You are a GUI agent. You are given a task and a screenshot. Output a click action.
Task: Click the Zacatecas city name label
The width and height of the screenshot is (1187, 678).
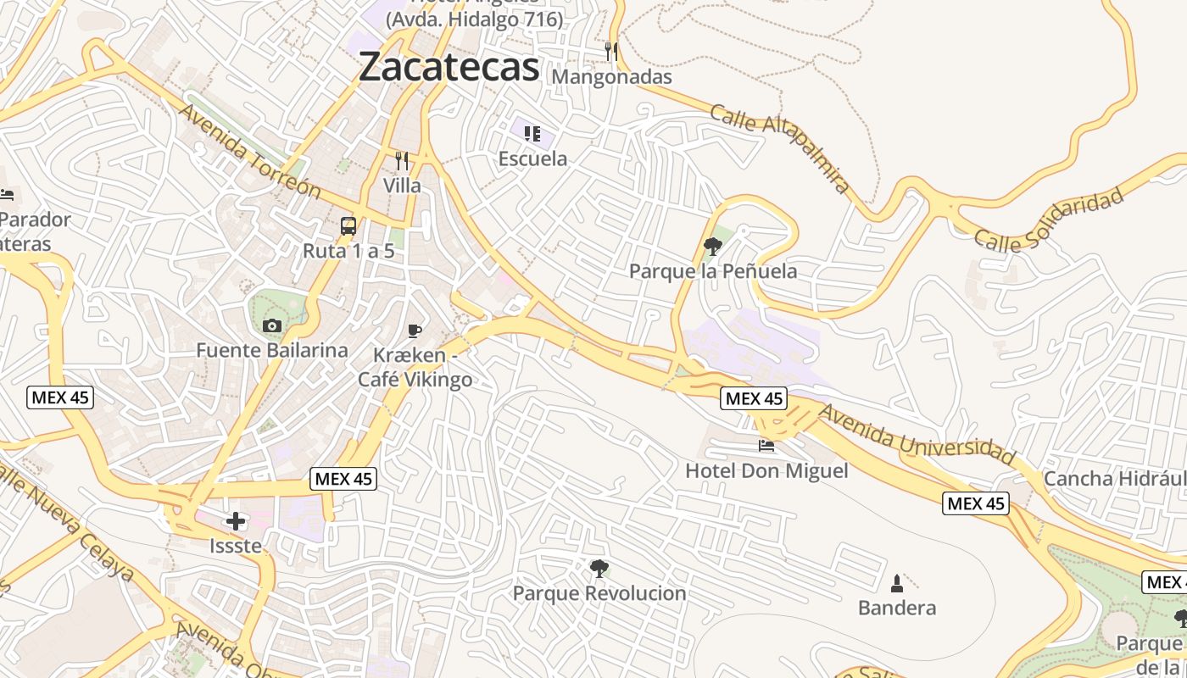point(449,67)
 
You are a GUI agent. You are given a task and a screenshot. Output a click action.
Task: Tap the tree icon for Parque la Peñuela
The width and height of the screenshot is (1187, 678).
point(713,247)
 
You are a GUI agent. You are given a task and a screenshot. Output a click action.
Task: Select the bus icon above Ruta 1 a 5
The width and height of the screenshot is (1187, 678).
point(348,226)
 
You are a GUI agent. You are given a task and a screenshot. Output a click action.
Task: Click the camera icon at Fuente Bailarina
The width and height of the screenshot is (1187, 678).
point(272,325)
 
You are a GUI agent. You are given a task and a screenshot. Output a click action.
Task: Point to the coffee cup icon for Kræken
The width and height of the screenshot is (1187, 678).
point(414,331)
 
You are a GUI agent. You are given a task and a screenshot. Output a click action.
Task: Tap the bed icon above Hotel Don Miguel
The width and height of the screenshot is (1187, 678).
point(766,446)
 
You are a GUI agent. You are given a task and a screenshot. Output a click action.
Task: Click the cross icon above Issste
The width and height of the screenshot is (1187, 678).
point(236,521)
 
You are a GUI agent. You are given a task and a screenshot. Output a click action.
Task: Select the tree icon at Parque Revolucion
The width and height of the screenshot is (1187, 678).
point(599,568)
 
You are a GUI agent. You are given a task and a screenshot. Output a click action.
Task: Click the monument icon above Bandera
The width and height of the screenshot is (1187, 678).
point(897,583)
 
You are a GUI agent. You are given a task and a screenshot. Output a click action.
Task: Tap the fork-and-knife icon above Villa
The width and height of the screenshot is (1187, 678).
point(402,160)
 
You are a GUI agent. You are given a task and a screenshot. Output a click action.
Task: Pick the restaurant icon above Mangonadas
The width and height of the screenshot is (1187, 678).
point(611,52)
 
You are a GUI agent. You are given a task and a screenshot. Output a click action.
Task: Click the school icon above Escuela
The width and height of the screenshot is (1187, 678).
point(532,134)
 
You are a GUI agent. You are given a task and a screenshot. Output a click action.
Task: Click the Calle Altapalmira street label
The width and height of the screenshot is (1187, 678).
point(779,148)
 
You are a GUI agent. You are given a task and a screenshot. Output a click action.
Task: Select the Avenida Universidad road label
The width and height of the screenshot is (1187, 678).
point(917,435)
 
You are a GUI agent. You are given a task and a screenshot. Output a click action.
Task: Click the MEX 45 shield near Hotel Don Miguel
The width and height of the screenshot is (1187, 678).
point(754,398)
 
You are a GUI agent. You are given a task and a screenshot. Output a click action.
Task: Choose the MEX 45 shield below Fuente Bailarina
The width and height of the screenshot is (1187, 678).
point(59,397)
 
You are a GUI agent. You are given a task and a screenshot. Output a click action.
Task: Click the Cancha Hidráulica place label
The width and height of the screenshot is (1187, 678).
point(1114,479)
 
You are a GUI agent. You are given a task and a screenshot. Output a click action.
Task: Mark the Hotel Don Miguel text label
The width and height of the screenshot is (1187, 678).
point(766,470)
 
